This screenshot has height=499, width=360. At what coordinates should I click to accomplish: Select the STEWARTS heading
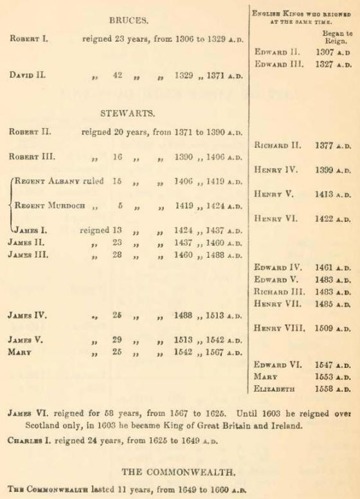pos(127,113)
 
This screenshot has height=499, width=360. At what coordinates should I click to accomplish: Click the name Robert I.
pos(29,39)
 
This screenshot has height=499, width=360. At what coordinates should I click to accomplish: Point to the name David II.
pos(28,75)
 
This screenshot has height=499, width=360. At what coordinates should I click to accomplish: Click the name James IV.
pos(27,316)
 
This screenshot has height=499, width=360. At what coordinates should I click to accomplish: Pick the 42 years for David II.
pos(118,75)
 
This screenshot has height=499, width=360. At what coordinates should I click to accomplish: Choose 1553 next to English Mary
pos(328,377)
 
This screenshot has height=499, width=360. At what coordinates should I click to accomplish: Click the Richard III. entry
pos(278,291)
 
